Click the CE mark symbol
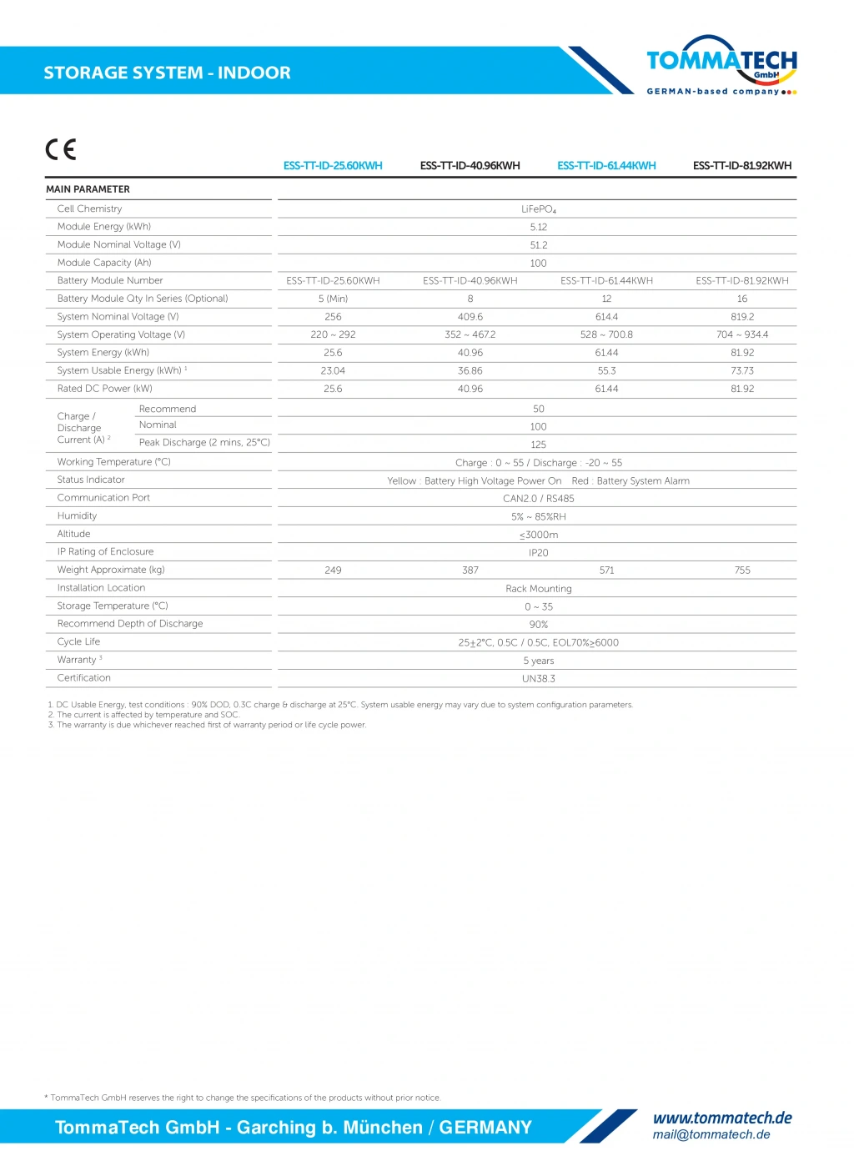pos(61,149)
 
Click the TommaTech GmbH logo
pos(721,65)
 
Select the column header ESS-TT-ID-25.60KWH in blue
pos(333,165)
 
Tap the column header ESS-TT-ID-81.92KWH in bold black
pos(742,165)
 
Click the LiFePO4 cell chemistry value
pos(539,209)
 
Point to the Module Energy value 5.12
pos(539,227)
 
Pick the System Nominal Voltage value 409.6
pos(470,317)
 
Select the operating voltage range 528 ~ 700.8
pos(606,334)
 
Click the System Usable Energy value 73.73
pos(742,370)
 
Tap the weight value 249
pos(333,570)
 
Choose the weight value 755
pos(742,570)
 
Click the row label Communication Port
pos(103,498)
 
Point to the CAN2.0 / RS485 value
pos(539,499)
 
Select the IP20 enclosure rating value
pos(539,553)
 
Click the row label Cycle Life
pos(78,641)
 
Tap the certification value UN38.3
pos(539,679)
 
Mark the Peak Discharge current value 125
pos(539,445)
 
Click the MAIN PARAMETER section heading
pos(88,189)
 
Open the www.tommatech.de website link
pos(722,1118)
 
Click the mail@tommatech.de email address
pos(711,1134)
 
